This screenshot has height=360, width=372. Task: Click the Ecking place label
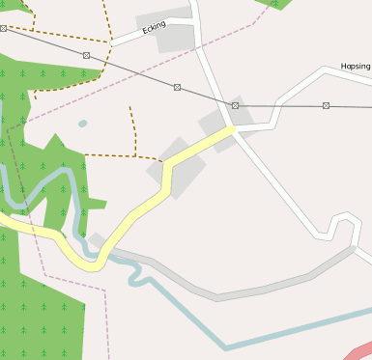(x=155, y=28)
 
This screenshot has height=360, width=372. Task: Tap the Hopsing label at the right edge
(x=356, y=67)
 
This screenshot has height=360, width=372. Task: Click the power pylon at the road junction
(x=235, y=105)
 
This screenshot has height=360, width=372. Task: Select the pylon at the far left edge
(x=3, y=29)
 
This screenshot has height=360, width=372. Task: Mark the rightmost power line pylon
(x=326, y=105)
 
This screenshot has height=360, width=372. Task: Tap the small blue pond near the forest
(x=82, y=124)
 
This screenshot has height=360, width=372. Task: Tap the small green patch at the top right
(x=273, y=4)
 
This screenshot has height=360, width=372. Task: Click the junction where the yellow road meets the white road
(x=232, y=128)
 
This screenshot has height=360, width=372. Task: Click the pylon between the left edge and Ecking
(x=86, y=55)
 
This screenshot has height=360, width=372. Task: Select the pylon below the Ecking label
(x=177, y=87)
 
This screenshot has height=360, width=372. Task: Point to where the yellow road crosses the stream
(x=94, y=260)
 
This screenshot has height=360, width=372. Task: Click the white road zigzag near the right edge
(x=338, y=227)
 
